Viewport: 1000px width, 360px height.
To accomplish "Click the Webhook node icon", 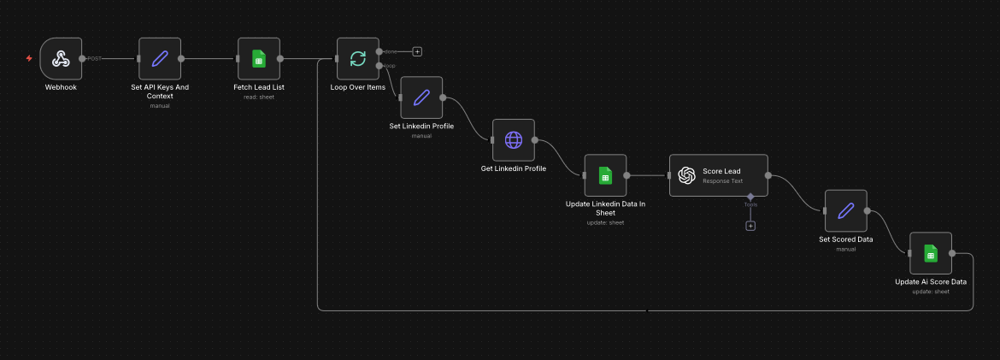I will (61, 58).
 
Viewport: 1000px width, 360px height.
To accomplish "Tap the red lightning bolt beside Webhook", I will (29, 58).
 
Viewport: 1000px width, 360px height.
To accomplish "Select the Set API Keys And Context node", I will (160, 58).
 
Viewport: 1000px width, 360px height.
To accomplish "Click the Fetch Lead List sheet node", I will (258, 58).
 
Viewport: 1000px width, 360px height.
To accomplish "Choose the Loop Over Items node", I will (357, 58).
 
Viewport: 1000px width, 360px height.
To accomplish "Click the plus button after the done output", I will (417, 51).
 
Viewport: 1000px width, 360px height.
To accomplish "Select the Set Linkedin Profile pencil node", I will (421, 97).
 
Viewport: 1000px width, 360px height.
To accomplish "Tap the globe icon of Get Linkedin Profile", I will (513, 139).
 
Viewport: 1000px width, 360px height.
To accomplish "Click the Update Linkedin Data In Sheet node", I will (605, 175).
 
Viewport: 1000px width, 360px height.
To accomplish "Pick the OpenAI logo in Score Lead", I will (686, 175).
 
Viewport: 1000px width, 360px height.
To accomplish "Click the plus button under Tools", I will (750, 226).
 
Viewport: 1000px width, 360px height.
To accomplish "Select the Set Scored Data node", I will (845, 210).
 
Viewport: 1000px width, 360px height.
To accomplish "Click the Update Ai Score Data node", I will (930, 253).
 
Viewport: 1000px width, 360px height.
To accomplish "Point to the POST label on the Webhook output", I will (94, 59).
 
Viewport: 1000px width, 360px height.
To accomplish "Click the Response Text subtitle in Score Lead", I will (721, 181).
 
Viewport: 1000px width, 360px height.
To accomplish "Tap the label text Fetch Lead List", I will (258, 87).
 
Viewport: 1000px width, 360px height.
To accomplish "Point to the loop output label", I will (390, 66).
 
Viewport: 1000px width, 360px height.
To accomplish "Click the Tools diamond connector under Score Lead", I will (750, 197).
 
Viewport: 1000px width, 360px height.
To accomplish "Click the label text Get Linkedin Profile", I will (513, 168).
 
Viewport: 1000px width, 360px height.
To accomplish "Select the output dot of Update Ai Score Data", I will (952, 253).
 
